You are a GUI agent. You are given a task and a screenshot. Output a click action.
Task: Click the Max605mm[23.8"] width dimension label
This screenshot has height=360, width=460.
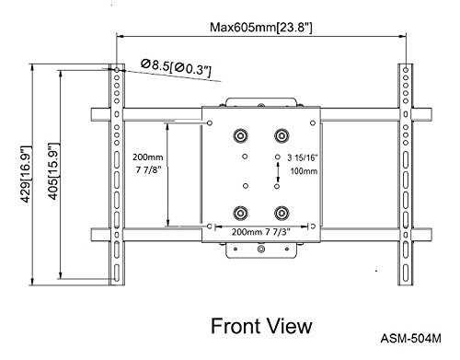tap(261, 28)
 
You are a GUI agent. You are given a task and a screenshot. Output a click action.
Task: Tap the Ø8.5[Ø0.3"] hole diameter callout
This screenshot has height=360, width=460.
tap(176, 68)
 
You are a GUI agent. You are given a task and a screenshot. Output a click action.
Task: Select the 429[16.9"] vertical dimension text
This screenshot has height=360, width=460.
tap(26, 174)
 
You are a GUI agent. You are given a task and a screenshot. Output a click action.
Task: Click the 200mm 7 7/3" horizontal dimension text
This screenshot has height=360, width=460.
tap(260, 232)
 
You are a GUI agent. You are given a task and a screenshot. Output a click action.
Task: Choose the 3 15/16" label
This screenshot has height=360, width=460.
tap(303, 157)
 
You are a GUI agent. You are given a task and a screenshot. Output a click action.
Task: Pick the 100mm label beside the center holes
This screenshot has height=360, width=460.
tap(304, 171)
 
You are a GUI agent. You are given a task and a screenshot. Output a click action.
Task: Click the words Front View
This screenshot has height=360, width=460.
tap(261, 326)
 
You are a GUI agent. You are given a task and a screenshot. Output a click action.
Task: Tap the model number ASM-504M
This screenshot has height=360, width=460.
tap(411, 339)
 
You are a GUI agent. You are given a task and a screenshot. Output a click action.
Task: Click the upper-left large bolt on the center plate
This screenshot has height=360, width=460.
tap(240, 135)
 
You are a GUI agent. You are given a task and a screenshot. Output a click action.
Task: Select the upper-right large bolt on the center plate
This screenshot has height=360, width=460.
tap(282, 135)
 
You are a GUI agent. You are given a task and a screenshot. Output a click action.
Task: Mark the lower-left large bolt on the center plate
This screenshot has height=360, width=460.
tap(240, 213)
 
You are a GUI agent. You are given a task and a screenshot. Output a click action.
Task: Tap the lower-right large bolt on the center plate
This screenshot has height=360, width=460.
tap(282, 213)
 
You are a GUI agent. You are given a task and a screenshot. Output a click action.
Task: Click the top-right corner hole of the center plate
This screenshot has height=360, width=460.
tap(313, 123)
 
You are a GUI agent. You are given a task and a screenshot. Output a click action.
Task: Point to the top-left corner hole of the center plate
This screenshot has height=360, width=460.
tap(210, 123)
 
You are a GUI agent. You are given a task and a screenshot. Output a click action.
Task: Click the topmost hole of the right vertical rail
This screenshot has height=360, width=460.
tap(406, 70)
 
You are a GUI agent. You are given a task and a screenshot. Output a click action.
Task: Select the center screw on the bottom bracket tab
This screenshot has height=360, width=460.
tap(261, 249)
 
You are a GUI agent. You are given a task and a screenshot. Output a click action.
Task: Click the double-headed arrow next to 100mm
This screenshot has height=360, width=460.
tap(278, 172)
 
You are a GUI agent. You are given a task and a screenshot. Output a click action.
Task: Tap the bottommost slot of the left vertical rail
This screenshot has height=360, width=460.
tap(117, 272)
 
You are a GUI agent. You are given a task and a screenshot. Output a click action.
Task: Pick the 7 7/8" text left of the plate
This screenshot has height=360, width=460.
tap(148, 170)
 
